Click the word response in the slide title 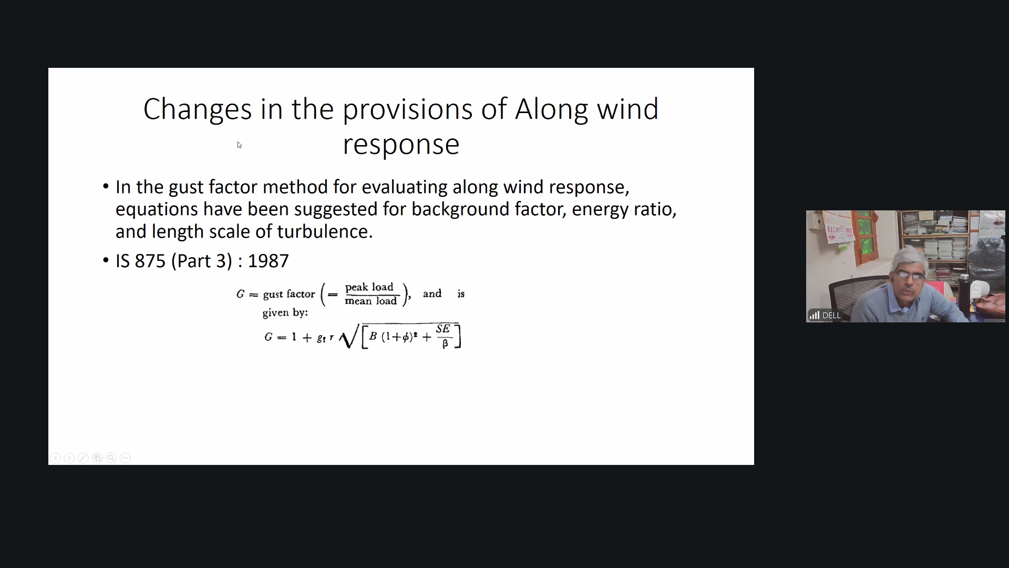[x=401, y=145]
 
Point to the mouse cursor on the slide [x=239, y=145]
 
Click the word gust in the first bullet [x=186, y=188]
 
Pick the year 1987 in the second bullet [x=268, y=261]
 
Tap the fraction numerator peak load [x=369, y=287]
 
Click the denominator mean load [x=370, y=301]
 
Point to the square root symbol [x=349, y=336]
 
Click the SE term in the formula [x=443, y=329]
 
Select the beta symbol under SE [x=445, y=343]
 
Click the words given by [x=285, y=313]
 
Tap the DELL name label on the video [x=831, y=316]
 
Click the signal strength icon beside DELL [x=815, y=316]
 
